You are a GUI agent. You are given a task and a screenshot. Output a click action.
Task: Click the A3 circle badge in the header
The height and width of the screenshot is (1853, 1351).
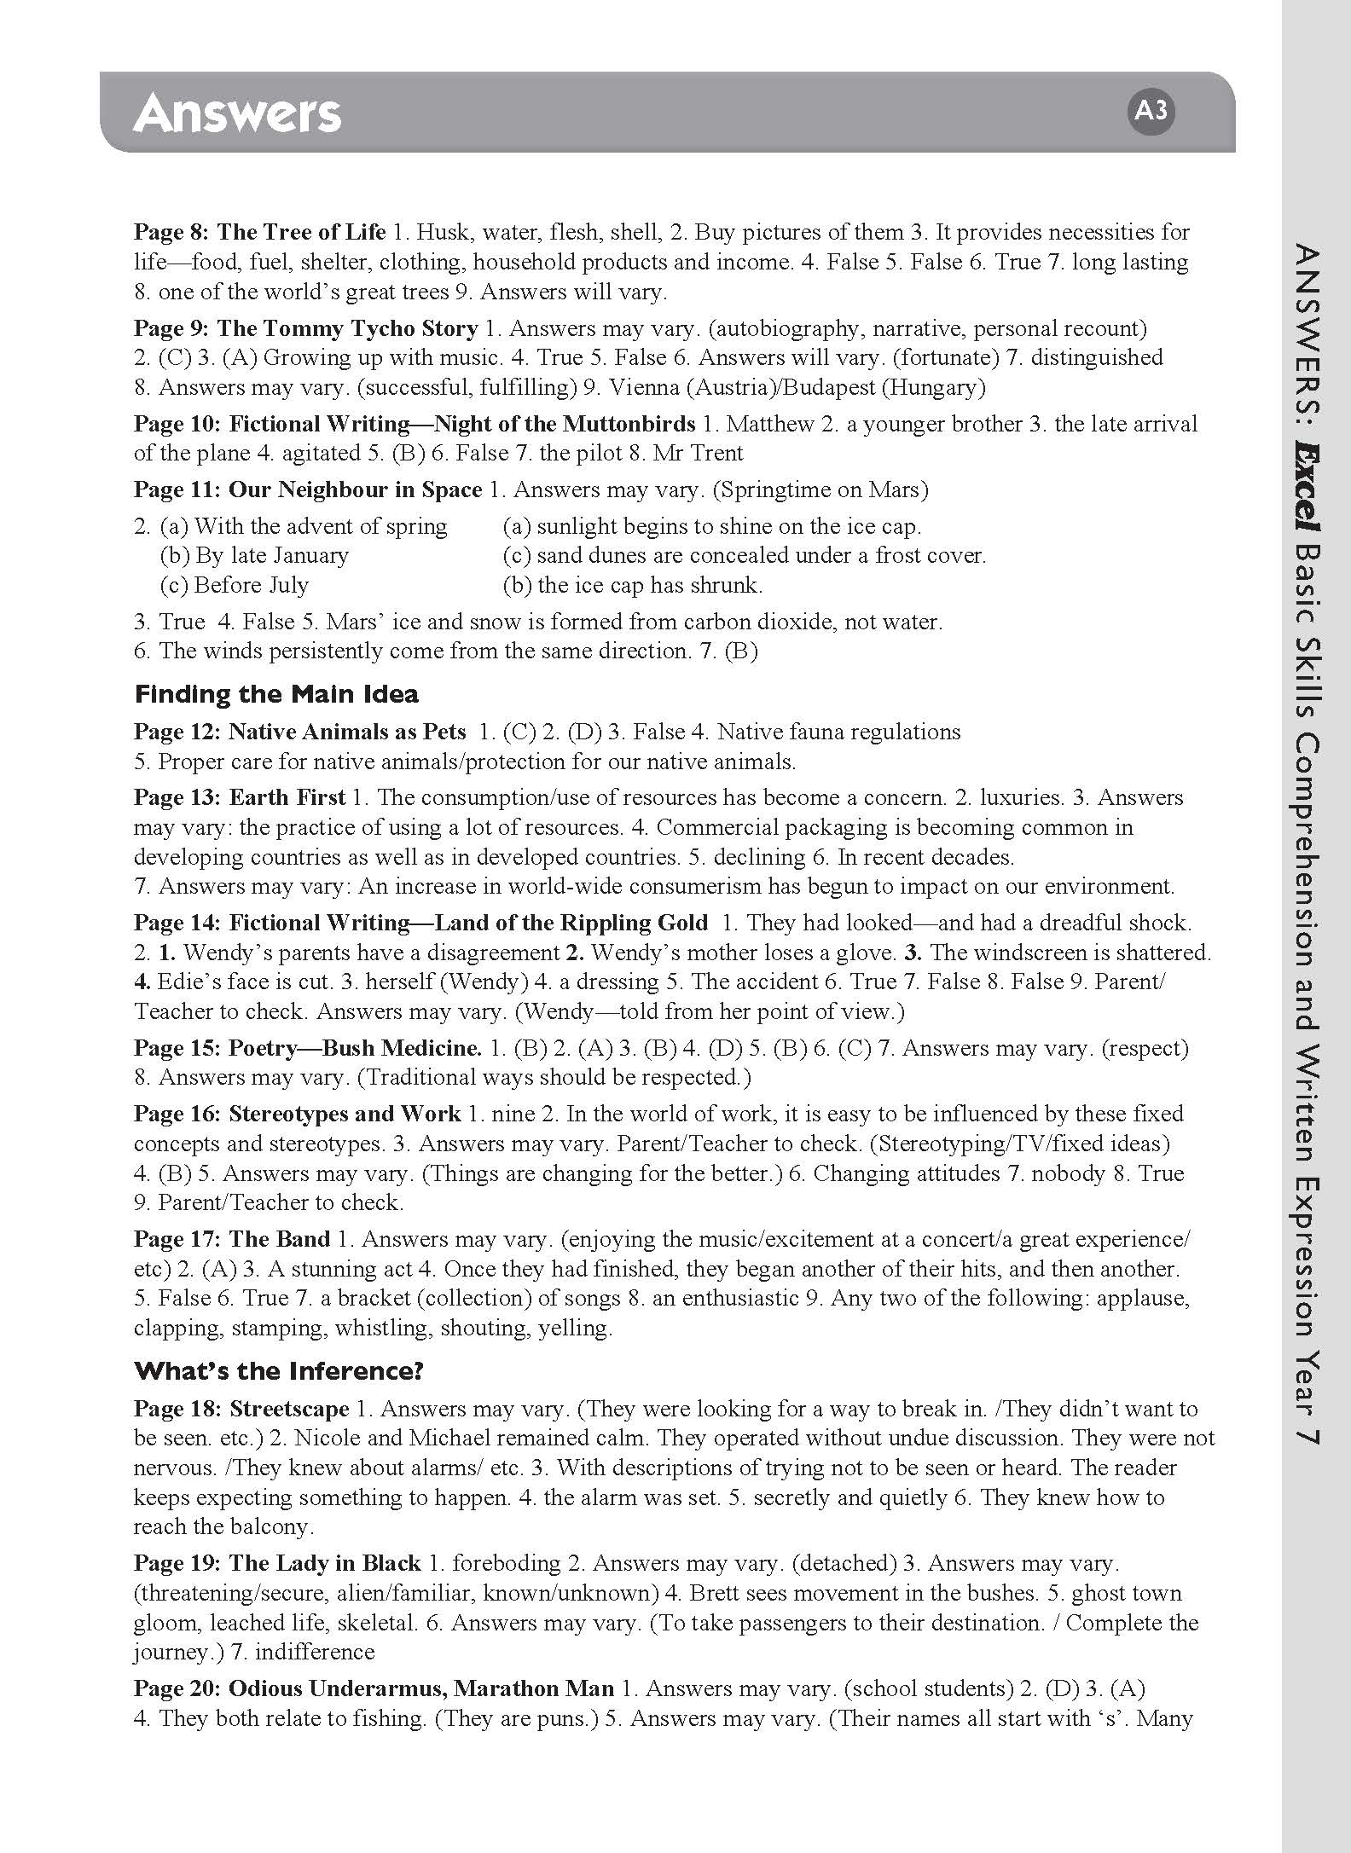tap(1151, 111)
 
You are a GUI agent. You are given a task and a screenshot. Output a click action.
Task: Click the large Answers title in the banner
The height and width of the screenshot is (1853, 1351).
tap(237, 113)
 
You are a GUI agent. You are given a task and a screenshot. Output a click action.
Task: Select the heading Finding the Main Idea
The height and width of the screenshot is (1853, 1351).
tap(276, 694)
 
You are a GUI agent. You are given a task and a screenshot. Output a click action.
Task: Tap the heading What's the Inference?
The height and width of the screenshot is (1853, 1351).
tap(279, 1370)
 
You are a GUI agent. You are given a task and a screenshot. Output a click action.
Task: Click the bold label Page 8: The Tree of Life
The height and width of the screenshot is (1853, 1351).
tap(260, 232)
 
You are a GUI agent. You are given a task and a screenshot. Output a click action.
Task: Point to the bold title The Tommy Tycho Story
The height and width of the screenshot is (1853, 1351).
tap(347, 328)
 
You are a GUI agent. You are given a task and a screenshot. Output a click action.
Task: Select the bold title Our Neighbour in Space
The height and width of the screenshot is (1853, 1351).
tap(356, 489)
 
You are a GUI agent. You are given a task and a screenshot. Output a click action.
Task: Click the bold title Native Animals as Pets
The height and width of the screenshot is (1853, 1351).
tap(347, 732)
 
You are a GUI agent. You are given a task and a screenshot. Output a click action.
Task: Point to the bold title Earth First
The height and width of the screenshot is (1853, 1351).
tap(287, 797)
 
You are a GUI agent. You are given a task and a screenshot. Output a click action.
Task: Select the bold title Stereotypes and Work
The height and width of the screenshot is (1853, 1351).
tap(345, 1114)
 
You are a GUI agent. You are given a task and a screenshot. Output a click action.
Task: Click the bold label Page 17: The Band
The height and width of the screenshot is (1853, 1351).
tap(232, 1239)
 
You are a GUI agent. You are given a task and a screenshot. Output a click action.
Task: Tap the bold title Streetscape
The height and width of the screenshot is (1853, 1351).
tap(289, 1408)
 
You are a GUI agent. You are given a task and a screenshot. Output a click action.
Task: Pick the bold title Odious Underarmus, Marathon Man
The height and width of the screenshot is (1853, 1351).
tap(421, 1688)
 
